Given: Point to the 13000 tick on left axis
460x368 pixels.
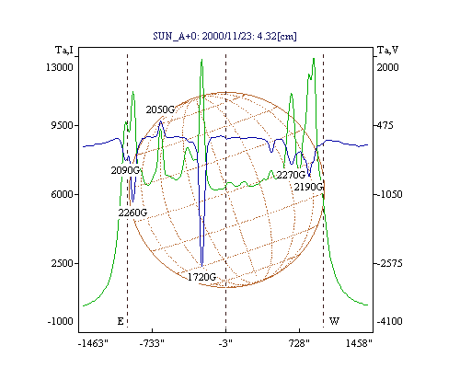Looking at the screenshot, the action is point(60,67).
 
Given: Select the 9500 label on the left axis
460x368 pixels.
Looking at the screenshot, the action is point(62,125).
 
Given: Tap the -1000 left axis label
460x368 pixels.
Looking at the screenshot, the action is point(60,321).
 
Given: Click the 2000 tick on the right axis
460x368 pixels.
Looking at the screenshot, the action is point(387,67).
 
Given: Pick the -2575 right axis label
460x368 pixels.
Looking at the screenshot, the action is point(390,263).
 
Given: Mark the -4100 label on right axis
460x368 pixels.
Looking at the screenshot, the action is point(389,321).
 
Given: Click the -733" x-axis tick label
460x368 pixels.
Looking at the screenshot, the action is point(152,343).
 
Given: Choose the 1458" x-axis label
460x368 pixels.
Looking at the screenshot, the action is point(359,343).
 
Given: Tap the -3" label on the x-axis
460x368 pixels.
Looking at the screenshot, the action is point(225,343).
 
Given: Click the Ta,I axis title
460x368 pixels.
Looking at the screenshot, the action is point(64,50).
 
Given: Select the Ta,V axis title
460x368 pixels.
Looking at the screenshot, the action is point(387,50).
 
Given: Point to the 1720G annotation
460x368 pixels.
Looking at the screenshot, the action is point(201,277).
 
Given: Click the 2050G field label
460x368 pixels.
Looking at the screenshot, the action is point(160,109).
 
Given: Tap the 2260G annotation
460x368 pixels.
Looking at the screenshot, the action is point(132,213).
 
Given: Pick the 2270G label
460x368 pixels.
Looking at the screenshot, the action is point(291,175).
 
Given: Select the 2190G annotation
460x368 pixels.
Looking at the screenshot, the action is point(309,187).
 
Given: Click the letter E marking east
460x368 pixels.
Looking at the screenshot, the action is point(121,321).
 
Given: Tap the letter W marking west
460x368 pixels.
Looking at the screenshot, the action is point(334,321).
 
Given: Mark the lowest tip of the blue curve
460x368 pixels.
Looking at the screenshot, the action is point(201,266).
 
